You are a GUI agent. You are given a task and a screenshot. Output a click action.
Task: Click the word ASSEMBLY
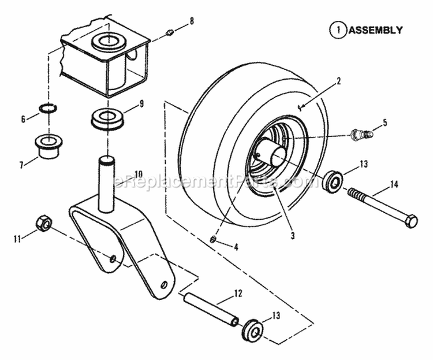click(x=375, y=30)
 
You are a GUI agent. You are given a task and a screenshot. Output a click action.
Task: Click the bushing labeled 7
click(x=51, y=144)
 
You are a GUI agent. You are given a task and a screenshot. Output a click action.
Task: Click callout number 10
click(x=138, y=173)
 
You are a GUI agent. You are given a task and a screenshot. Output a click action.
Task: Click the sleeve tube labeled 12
click(x=210, y=309)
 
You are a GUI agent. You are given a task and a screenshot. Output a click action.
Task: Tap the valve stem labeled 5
click(x=361, y=136)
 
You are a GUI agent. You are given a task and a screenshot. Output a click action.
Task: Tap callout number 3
click(x=293, y=235)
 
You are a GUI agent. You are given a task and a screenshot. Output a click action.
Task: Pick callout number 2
click(x=338, y=81)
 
